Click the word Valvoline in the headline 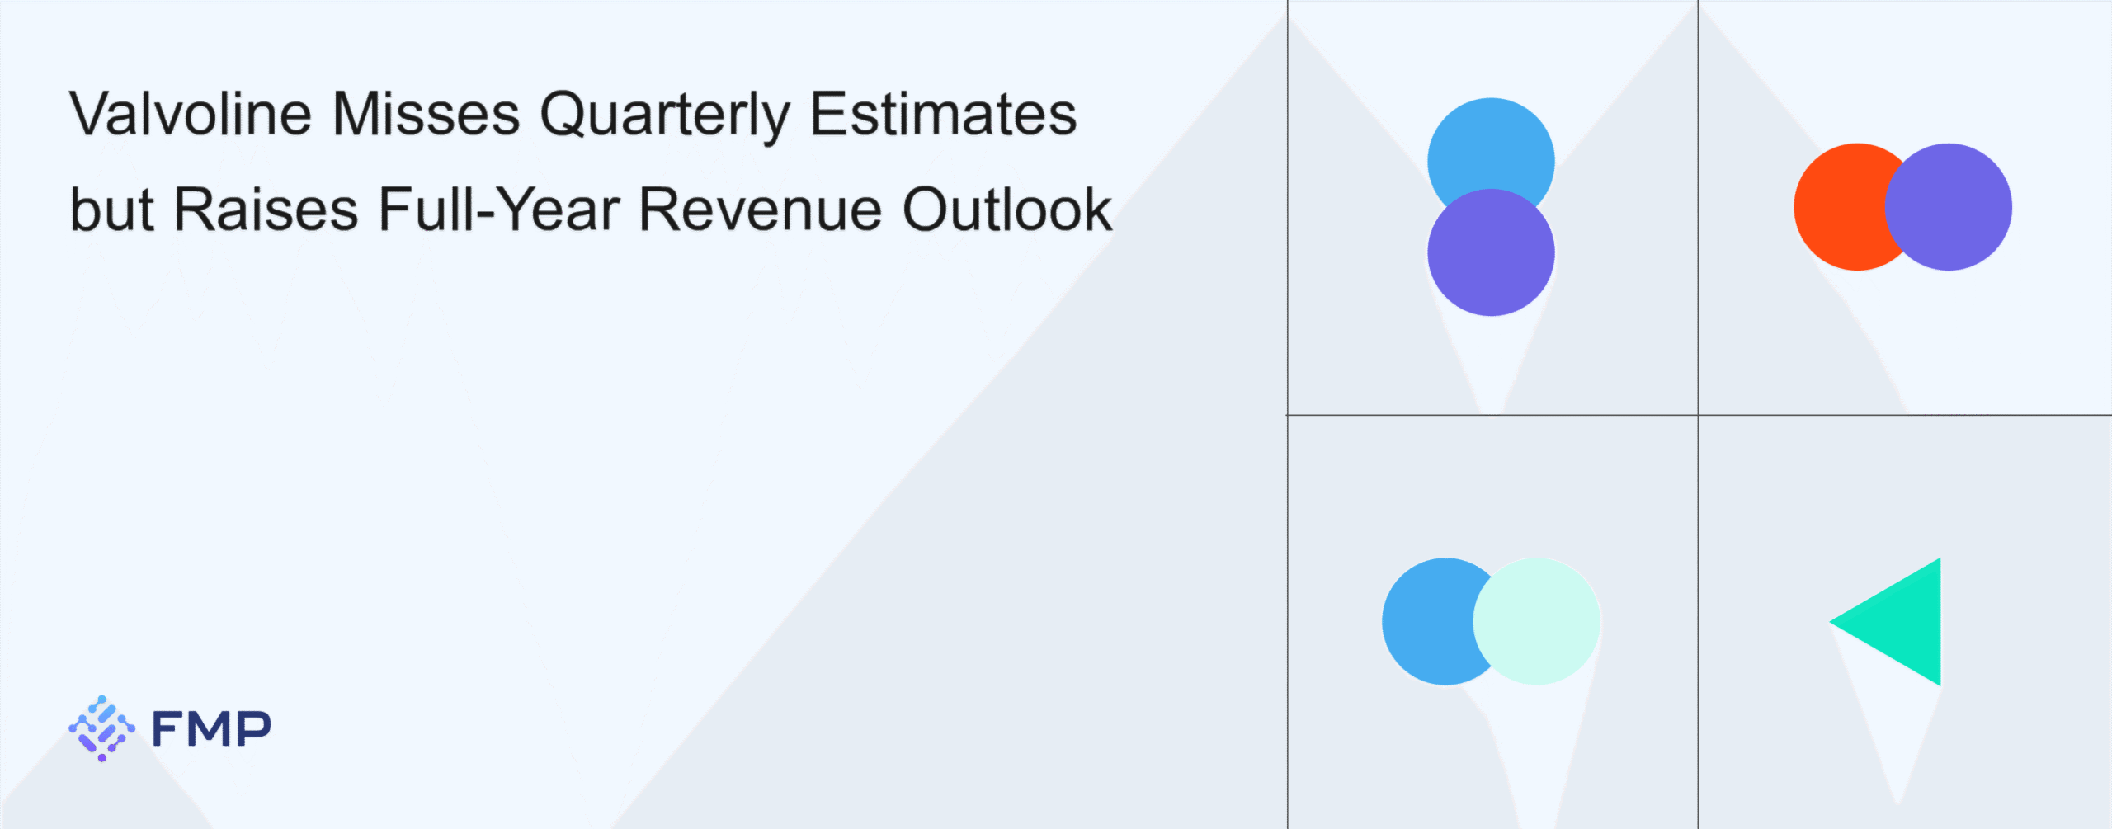click(191, 114)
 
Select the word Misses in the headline click(427, 114)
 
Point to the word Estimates click(944, 114)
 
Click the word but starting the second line click(112, 210)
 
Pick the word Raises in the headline click(266, 210)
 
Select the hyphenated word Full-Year click(499, 210)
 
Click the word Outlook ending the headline click(1007, 210)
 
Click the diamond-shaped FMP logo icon click(101, 728)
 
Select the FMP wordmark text click(211, 728)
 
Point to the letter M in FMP click(211, 728)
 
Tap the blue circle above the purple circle click(1491, 148)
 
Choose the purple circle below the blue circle click(1491, 252)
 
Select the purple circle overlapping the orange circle click(1949, 207)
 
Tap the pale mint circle click(1536, 621)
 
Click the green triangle click(1903, 622)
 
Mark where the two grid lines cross click(1698, 415)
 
